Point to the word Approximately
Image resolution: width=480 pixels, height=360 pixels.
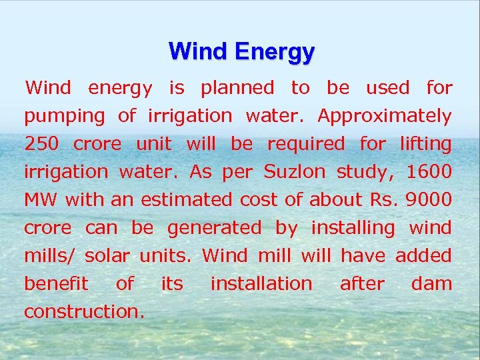pyautogui.click(x=385, y=117)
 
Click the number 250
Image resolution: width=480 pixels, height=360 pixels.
pyautogui.click(x=41, y=144)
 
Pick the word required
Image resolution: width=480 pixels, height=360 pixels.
pyautogui.click(x=306, y=144)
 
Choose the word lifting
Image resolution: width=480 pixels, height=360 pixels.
pyautogui.click(x=425, y=144)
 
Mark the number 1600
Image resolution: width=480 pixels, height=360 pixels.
pyautogui.click(x=429, y=172)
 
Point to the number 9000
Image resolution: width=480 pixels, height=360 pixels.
pyautogui.click(x=429, y=200)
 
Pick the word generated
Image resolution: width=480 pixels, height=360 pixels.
pyautogui.click(x=215, y=228)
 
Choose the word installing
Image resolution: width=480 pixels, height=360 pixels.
pyautogui.click(x=353, y=228)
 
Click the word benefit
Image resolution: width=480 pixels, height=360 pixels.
pyautogui.click(x=56, y=284)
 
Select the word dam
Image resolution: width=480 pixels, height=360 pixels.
pyautogui.click(x=431, y=284)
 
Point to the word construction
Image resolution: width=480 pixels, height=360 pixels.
pyautogui.click(x=84, y=312)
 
